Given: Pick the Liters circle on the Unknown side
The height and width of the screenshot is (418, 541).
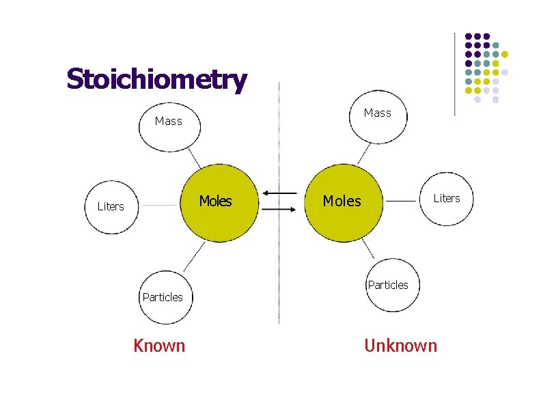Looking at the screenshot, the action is [446, 199].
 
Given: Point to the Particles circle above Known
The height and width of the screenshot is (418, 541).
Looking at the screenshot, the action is [165, 297].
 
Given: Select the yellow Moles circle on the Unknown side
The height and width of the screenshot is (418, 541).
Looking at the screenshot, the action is [342, 201].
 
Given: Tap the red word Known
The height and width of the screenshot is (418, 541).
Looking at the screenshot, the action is [159, 346].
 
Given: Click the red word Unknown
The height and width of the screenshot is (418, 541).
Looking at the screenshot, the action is [400, 346].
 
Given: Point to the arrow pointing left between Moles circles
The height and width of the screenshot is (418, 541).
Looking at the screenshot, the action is [279, 194].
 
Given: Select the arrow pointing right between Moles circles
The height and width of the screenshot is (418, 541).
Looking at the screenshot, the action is [279, 210].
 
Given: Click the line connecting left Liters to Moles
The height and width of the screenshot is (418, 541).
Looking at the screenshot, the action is [159, 205].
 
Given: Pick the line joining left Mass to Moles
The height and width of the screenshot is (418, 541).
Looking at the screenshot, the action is [194, 160].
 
